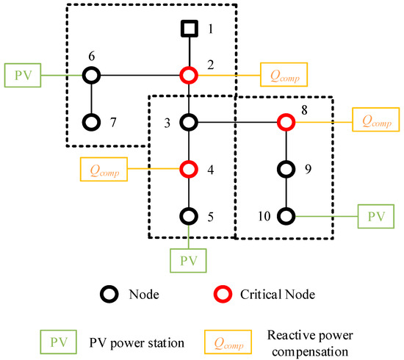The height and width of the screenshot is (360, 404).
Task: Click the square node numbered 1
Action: click(x=190, y=29)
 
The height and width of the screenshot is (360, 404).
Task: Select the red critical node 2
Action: click(x=190, y=75)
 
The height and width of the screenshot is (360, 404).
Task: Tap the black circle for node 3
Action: click(x=190, y=122)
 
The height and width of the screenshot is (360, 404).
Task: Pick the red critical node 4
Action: click(x=190, y=170)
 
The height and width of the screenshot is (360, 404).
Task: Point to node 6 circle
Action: click(x=90, y=75)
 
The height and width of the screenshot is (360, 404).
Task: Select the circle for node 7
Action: click(x=90, y=122)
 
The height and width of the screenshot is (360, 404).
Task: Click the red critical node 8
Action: click(x=286, y=122)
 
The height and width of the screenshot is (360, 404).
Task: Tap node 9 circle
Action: click(x=286, y=169)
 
